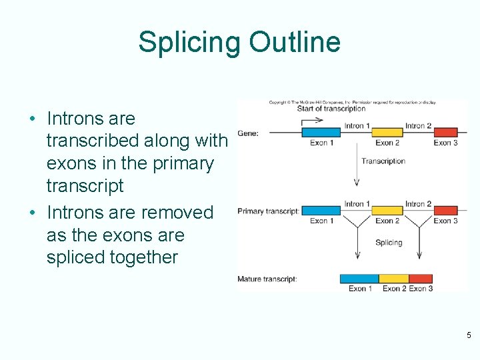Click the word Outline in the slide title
[295, 43]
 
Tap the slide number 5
[469, 335]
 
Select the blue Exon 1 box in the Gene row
[321, 133]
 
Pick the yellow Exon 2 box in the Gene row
[387, 133]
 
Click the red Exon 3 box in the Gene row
[445, 133]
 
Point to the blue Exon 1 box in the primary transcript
[321, 211]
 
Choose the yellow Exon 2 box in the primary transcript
[387, 211]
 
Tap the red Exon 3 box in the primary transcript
[445, 211]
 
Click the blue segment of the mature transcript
[359, 279]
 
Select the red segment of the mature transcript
[420, 279]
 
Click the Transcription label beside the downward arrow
[383, 161]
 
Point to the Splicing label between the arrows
[389, 242]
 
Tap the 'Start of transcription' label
[331, 109]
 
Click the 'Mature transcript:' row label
[267, 279]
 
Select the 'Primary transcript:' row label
[268, 211]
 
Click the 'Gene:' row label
[248, 133]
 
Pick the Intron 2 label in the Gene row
[419, 125]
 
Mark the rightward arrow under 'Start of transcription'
[311, 121]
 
